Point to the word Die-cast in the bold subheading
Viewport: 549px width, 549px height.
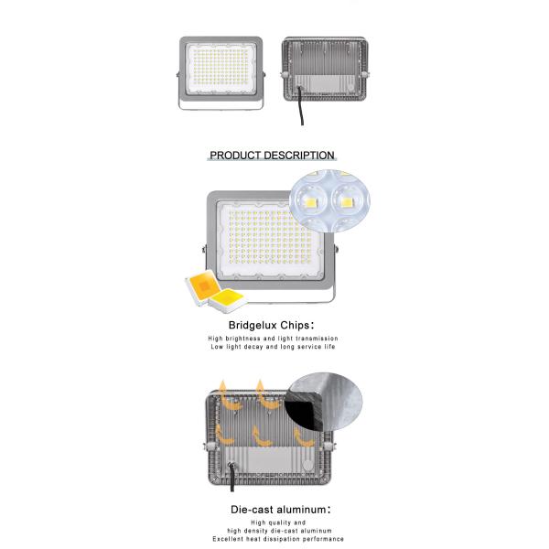point(253,510)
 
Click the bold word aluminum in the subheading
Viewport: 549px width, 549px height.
point(301,510)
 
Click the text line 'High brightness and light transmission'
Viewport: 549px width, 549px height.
point(273,339)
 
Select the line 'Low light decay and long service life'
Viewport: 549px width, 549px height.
point(273,347)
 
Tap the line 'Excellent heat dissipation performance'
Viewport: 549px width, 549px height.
point(278,539)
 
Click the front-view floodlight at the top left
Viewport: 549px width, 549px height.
point(221,73)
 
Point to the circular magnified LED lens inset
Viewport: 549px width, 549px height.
point(329,200)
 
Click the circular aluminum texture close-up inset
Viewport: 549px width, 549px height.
point(324,403)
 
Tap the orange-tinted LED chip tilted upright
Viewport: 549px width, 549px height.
point(203,286)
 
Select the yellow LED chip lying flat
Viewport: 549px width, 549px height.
point(227,300)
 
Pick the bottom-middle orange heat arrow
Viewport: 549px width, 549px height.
point(261,436)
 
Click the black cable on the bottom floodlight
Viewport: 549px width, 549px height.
point(231,478)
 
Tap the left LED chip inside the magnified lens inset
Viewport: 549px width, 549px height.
point(309,201)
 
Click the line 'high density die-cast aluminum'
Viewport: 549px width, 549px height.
point(279,531)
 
